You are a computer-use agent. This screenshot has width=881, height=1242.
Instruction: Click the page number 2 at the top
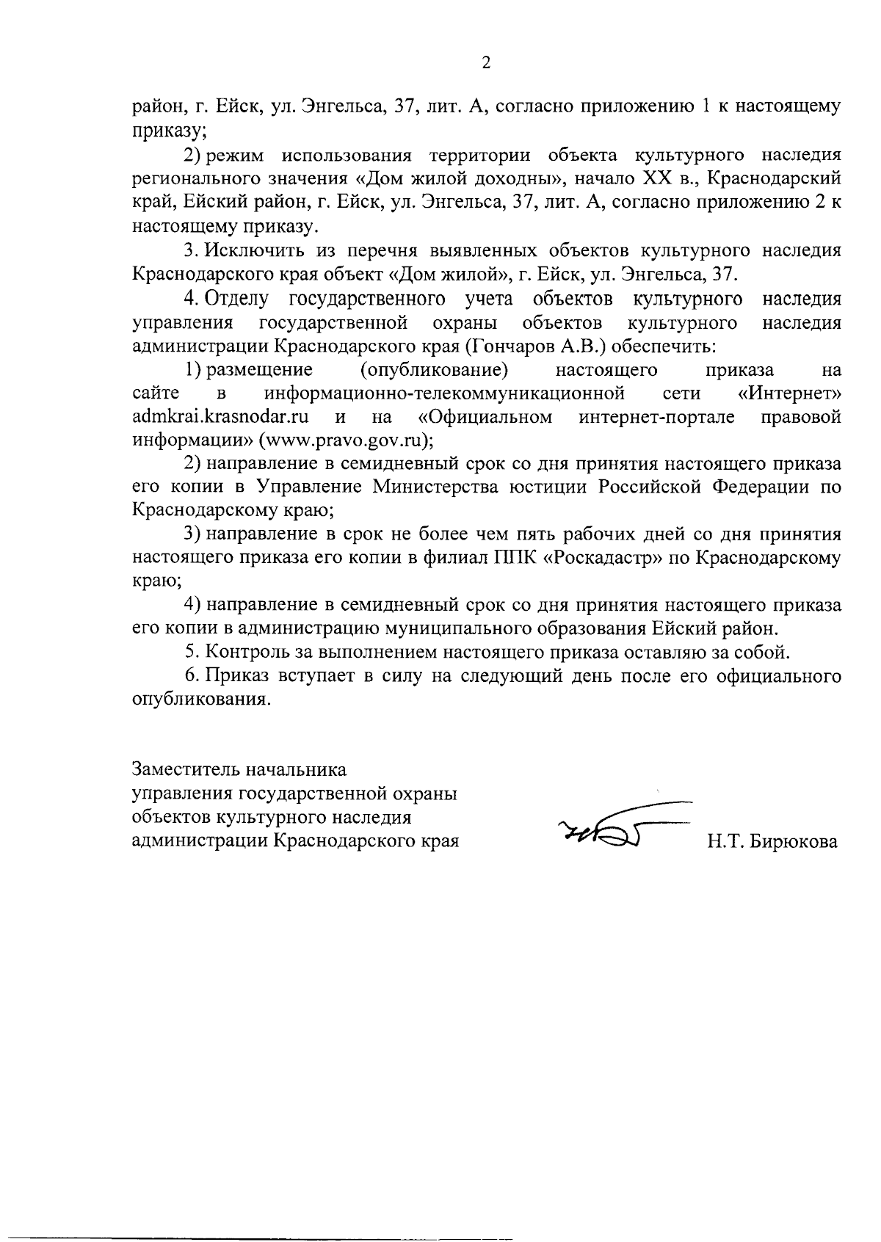[485, 63]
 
